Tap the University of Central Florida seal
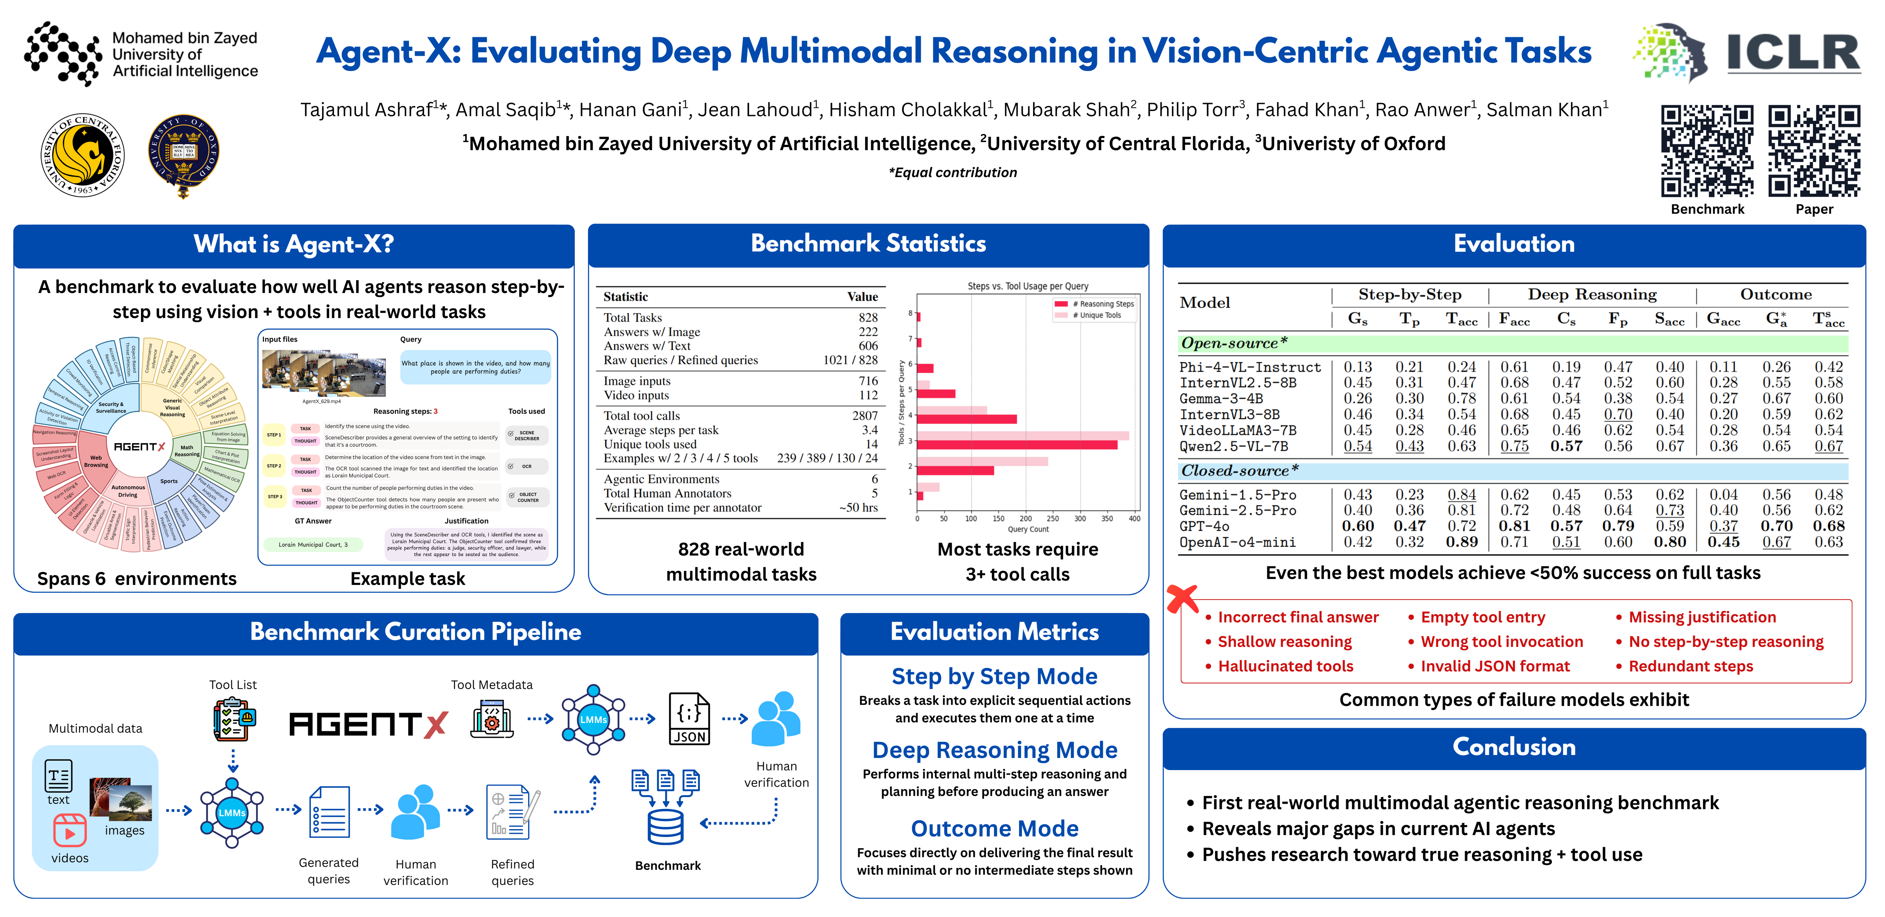(x=83, y=155)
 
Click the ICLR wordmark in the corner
(x=1793, y=53)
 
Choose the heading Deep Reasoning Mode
(x=994, y=750)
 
